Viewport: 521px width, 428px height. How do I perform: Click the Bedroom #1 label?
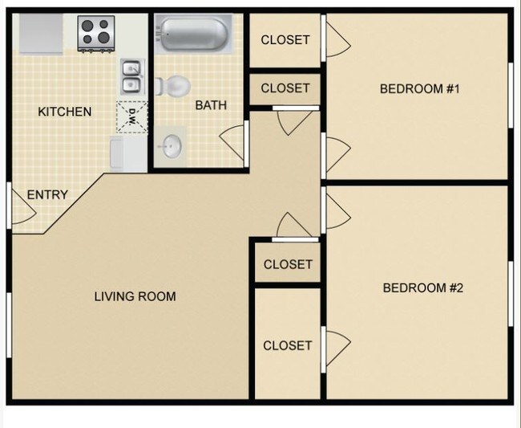point(419,88)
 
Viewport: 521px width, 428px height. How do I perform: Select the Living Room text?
point(135,296)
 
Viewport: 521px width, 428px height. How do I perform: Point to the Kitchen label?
point(65,112)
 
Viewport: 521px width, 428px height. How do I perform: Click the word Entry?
point(47,194)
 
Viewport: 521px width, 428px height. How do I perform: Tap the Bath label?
point(211,104)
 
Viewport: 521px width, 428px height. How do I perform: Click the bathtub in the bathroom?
point(192,35)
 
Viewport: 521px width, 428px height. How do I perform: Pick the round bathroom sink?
point(172,145)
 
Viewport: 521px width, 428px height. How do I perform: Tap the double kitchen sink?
point(131,77)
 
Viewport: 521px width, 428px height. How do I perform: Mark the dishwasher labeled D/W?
point(131,117)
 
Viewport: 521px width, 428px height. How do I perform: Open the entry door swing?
point(22,206)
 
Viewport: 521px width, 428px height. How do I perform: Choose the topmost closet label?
point(285,40)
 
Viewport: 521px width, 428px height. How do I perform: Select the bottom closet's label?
point(287,345)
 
